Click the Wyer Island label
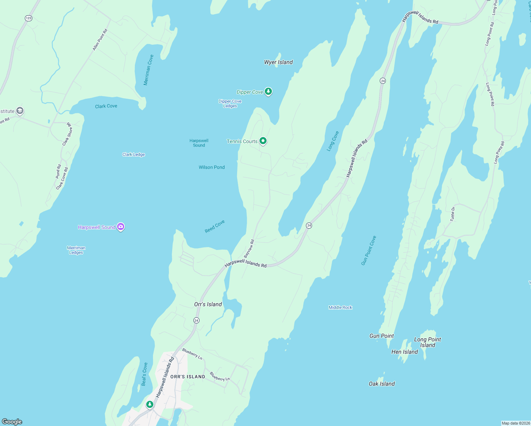tap(278, 62)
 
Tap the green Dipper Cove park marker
tap(268, 92)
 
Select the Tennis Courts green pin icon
tap(263, 141)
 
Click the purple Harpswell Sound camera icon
tap(121, 227)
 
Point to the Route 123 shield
tap(29, 18)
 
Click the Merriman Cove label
tap(148, 70)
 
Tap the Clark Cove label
tap(106, 106)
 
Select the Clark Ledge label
tap(133, 154)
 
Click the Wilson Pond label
tap(212, 167)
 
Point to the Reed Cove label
tap(215, 226)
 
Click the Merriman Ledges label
tap(76, 250)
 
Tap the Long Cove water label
tap(333, 141)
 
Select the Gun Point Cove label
tap(368, 250)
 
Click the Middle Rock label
tap(340, 307)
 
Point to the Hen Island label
tap(404, 352)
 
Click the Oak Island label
tap(382, 384)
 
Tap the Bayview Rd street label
tap(249, 248)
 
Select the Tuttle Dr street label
tap(453, 214)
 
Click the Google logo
tap(12, 421)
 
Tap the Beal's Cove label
tap(144, 374)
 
